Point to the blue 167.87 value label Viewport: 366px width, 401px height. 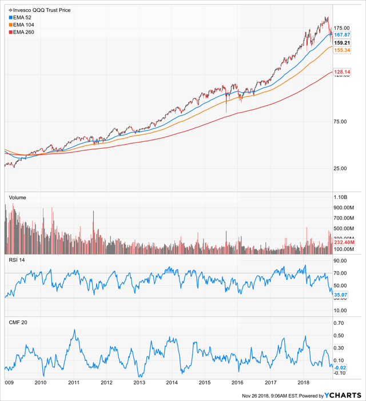pos(342,34)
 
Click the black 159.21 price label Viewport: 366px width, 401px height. pos(342,42)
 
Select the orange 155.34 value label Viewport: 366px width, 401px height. pos(342,50)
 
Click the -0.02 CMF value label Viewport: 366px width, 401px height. pos(341,367)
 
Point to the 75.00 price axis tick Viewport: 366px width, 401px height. pos(341,121)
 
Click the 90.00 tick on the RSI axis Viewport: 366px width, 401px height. pos(341,260)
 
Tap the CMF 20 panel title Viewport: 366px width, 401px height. pos(19,323)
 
